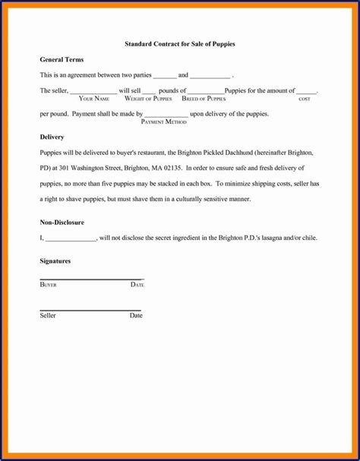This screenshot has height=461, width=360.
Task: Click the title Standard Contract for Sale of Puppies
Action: pyautogui.click(x=180, y=44)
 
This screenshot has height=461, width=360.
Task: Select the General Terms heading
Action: pyautogui.click(x=62, y=59)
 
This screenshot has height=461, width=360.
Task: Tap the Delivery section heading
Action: pyautogui.click(x=52, y=137)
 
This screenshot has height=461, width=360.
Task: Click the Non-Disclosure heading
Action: pyautogui.click(x=62, y=223)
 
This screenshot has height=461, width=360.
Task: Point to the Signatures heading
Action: pyautogui.click(x=55, y=260)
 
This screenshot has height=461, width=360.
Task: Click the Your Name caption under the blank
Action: pyautogui.click(x=94, y=99)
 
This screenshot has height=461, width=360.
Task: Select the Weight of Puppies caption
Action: pyautogui.click(x=148, y=99)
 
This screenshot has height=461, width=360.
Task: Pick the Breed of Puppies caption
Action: pyautogui.click(x=204, y=99)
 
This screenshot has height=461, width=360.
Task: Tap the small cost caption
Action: pyautogui.click(x=305, y=99)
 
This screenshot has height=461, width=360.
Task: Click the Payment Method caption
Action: pyautogui.click(x=164, y=122)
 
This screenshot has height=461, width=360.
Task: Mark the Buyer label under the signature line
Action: pyautogui.click(x=48, y=284)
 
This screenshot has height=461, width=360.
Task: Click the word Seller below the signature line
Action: pyautogui.click(x=48, y=315)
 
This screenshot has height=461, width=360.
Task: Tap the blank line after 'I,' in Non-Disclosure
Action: pyautogui.click(x=71, y=239)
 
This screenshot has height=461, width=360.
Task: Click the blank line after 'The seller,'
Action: pyautogui.click(x=93, y=92)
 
